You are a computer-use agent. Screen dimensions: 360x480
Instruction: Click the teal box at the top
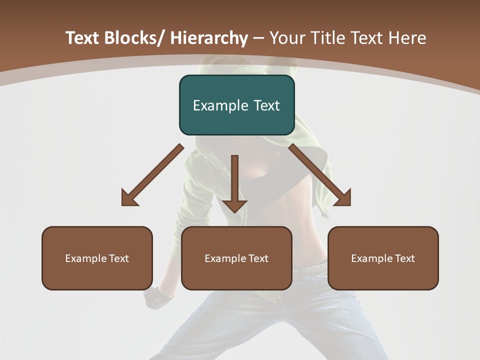click(x=236, y=105)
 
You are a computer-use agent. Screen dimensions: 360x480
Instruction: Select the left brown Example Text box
click(x=97, y=258)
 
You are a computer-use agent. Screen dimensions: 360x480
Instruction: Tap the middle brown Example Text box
click(x=236, y=258)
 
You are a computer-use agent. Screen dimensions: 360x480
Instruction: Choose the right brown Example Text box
click(x=383, y=258)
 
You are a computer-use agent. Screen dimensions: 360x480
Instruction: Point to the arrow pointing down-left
click(x=152, y=175)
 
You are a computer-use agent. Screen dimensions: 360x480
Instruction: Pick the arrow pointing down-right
click(x=320, y=175)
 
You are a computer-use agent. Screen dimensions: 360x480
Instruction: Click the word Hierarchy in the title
click(x=209, y=38)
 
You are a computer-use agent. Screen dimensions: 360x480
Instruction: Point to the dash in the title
click(x=258, y=38)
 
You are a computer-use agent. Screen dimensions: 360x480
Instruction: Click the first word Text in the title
click(x=83, y=38)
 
